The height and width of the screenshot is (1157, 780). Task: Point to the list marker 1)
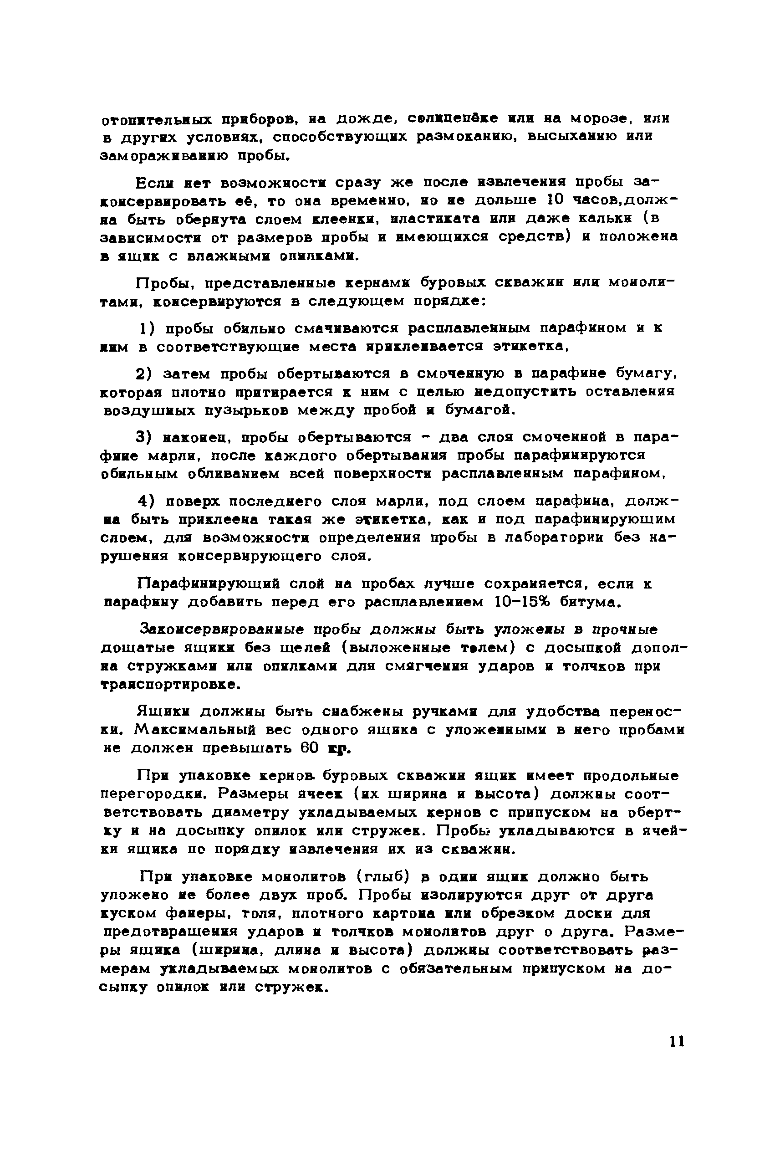[x=148, y=328]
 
